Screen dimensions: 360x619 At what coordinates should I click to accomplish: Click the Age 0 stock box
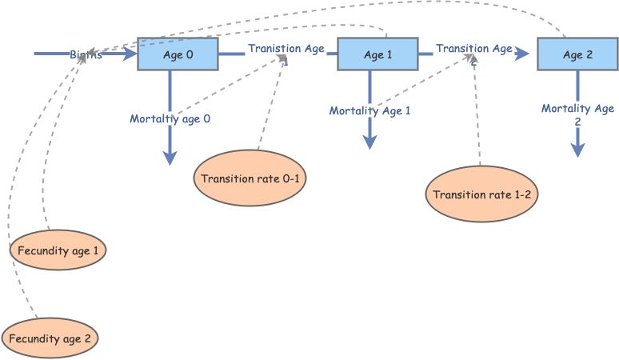pyautogui.click(x=178, y=54)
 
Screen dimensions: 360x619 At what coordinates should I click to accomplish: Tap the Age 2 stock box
pyautogui.click(x=577, y=54)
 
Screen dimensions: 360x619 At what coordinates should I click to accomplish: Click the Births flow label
pyautogui.click(x=86, y=56)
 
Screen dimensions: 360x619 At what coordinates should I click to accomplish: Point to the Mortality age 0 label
pyautogui.click(x=170, y=119)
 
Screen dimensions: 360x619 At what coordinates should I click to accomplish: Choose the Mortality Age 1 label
pyautogui.click(x=369, y=111)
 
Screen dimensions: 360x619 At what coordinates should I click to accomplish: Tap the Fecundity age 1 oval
pyautogui.click(x=58, y=250)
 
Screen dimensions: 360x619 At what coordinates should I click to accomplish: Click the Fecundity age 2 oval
pyautogui.click(x=50, y=338)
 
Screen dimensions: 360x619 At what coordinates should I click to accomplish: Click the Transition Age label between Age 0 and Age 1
pyautogui.click(x=286, y=50)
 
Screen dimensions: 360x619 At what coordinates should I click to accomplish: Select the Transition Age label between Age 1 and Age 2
pyautogui.click(x=473, y=50)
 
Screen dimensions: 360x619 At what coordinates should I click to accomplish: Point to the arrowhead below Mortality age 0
pyautogui.click(x=170, y=158)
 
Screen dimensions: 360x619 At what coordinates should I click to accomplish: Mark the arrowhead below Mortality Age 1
pyautogui.click(x=369, y=142)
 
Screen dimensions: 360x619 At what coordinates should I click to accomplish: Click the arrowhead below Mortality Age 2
pyautogui.click(x=577, y=150)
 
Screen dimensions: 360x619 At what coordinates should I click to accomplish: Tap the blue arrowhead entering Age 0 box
pyautogui.click(x=130, y=54)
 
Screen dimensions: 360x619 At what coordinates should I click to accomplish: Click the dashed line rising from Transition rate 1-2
pyautogui.click(x=477, y=120)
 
